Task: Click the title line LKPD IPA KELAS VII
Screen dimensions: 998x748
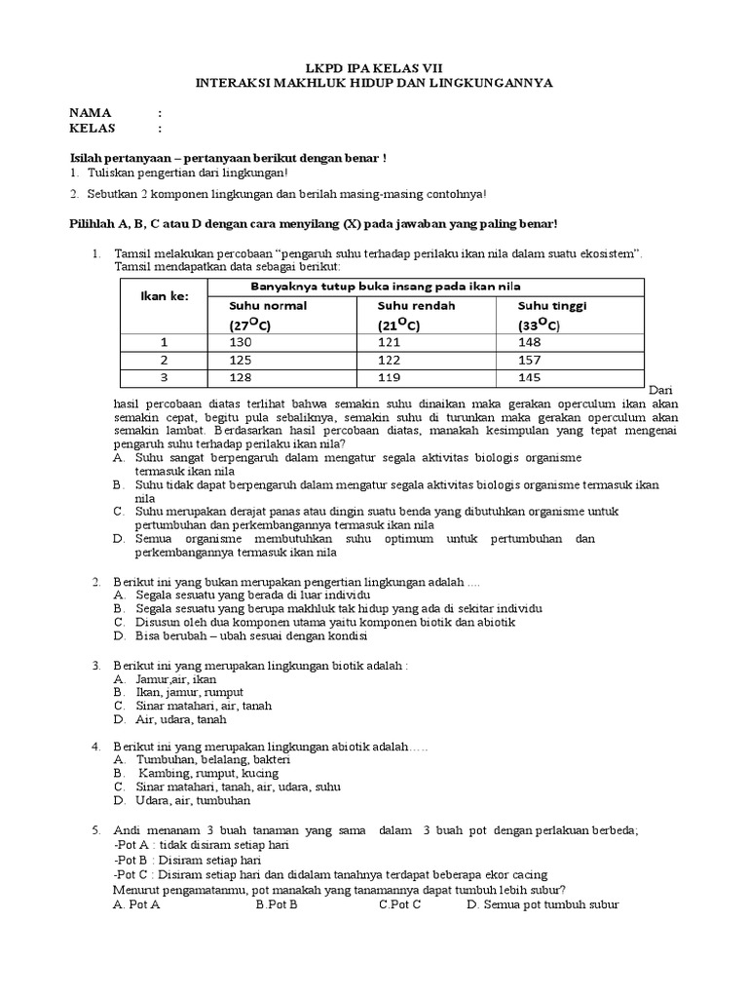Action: coord(373,68)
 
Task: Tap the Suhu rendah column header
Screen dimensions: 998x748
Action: coord(417,305)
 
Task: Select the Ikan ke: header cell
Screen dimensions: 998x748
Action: coord(163,296)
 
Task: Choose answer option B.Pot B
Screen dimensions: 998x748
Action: coord(277,903)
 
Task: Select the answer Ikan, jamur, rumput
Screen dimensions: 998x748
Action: coord(183,692)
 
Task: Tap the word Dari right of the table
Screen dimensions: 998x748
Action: coord(659,388)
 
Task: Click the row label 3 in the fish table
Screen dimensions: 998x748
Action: coord(165,378)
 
